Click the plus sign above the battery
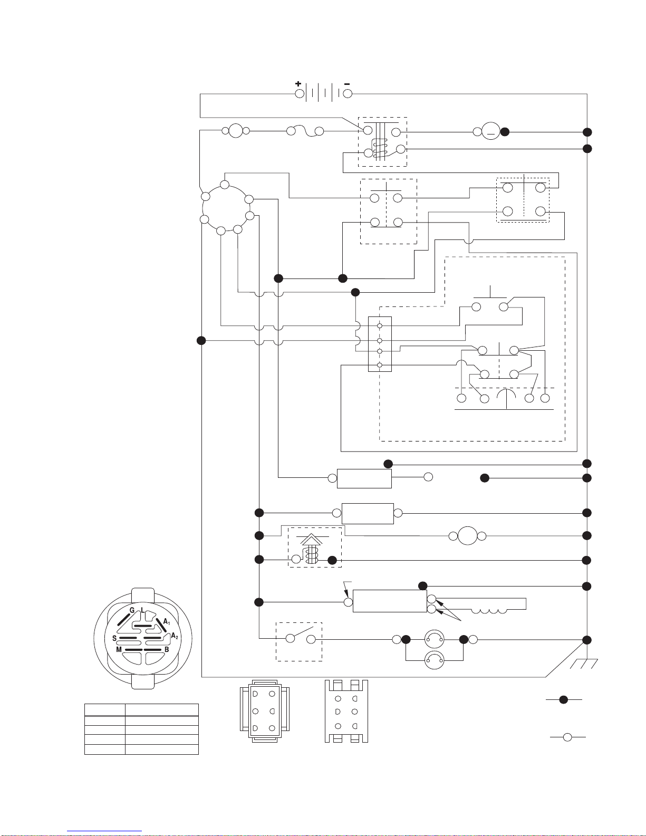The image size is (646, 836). click(298, 83)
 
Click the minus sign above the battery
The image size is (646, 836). click(347, 83)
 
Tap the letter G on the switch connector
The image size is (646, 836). click(132, 610)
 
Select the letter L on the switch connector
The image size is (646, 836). click(143, 610)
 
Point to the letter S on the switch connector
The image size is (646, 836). click(114, 638)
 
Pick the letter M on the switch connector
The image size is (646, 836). click(119, 650)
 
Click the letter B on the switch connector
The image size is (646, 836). click(167, 650)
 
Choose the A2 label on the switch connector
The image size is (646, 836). click(175, 636)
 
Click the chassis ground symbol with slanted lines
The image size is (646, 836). click(584, 664)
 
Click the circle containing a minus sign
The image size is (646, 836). click(490, 131)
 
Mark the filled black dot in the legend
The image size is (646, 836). click(563, 700)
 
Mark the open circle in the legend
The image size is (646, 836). click(567, 737)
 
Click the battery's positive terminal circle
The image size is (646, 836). click(300, 93)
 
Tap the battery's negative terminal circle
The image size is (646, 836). click(348, 93)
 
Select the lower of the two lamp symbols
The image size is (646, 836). click(434, 660)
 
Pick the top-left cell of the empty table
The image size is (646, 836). click(104, 710)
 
